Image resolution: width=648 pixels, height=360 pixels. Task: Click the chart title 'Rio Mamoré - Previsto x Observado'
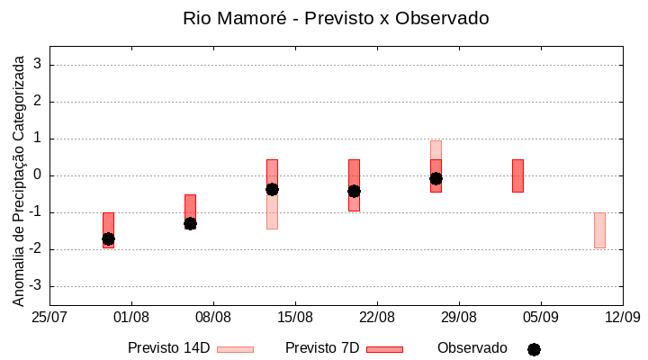click(x=335, y=18)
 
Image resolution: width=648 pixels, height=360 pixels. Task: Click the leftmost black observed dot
click(x=108, y=238)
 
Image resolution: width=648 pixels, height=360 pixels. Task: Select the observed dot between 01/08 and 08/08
click(x=190, y=223)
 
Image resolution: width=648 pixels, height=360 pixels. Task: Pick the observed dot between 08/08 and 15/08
click(x=272, y=189)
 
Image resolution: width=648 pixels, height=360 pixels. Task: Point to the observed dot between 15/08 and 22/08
click(x=354, y=191)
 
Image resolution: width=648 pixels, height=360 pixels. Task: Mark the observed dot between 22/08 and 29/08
click(x=436, y=178)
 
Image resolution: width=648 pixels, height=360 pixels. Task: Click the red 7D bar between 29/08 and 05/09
click(x=517, y=175)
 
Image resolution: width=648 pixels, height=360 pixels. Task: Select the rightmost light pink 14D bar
click(x=599, y=229)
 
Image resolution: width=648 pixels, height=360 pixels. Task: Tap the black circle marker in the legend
click(x=534, y=349)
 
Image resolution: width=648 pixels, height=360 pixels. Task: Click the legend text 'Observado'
click(x=472, y=348)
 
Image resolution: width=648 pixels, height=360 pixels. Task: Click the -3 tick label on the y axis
click(x=36, y=286)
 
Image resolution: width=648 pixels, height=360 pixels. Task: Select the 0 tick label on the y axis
click(x=39, y=175)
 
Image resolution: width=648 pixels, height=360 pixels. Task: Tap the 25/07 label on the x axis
click(x=49, y=317)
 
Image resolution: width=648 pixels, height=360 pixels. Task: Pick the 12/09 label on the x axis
click(x=622, y=317)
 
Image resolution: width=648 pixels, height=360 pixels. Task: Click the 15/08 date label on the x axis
click(x=295, y=317)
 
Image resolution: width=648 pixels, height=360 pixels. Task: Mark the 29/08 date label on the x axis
click(x=459, y=317)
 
